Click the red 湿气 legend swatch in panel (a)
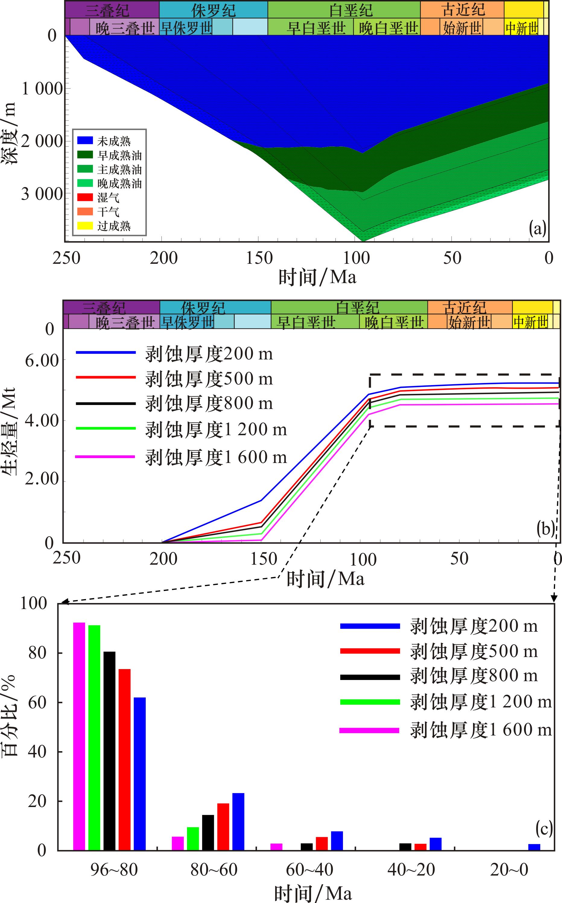[85, 197]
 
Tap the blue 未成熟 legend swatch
[85, 141]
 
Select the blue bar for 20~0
[534, 847]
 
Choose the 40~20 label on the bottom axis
[411, 870]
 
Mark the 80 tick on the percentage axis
[37, 653]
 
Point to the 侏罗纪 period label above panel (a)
[213, 10]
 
